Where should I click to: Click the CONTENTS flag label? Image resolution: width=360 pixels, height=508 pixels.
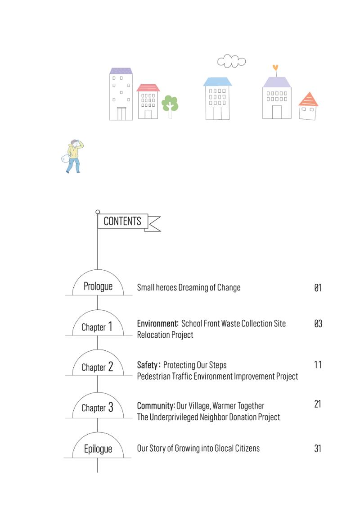[122, 221]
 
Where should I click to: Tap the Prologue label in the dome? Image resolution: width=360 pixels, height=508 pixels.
[98, 286]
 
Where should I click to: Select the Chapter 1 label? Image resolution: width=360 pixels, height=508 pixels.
[97, 327]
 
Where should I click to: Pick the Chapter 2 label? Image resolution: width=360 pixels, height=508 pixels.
[97, 367]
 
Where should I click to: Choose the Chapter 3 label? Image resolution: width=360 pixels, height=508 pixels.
[97, 407]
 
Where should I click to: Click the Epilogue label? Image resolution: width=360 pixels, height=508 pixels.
[98, 449]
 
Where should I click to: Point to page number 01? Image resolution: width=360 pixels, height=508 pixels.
[318, 288]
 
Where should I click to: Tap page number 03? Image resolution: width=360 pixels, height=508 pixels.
[318, 323]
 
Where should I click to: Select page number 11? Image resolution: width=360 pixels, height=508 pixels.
[318, 365]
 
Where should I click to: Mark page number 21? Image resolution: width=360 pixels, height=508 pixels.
[318, 404]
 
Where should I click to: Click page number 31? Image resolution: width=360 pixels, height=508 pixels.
[318, 449]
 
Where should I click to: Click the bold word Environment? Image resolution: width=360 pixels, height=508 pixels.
[157, 323]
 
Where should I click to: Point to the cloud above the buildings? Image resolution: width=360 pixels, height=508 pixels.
[231, 61]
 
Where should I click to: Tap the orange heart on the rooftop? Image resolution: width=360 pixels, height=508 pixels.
[275, 68]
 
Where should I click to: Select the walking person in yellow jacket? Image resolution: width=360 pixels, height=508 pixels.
[73, 156]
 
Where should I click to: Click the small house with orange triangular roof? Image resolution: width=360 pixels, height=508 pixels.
[308, 106]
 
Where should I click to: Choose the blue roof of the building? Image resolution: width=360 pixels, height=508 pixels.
[217, 82]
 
